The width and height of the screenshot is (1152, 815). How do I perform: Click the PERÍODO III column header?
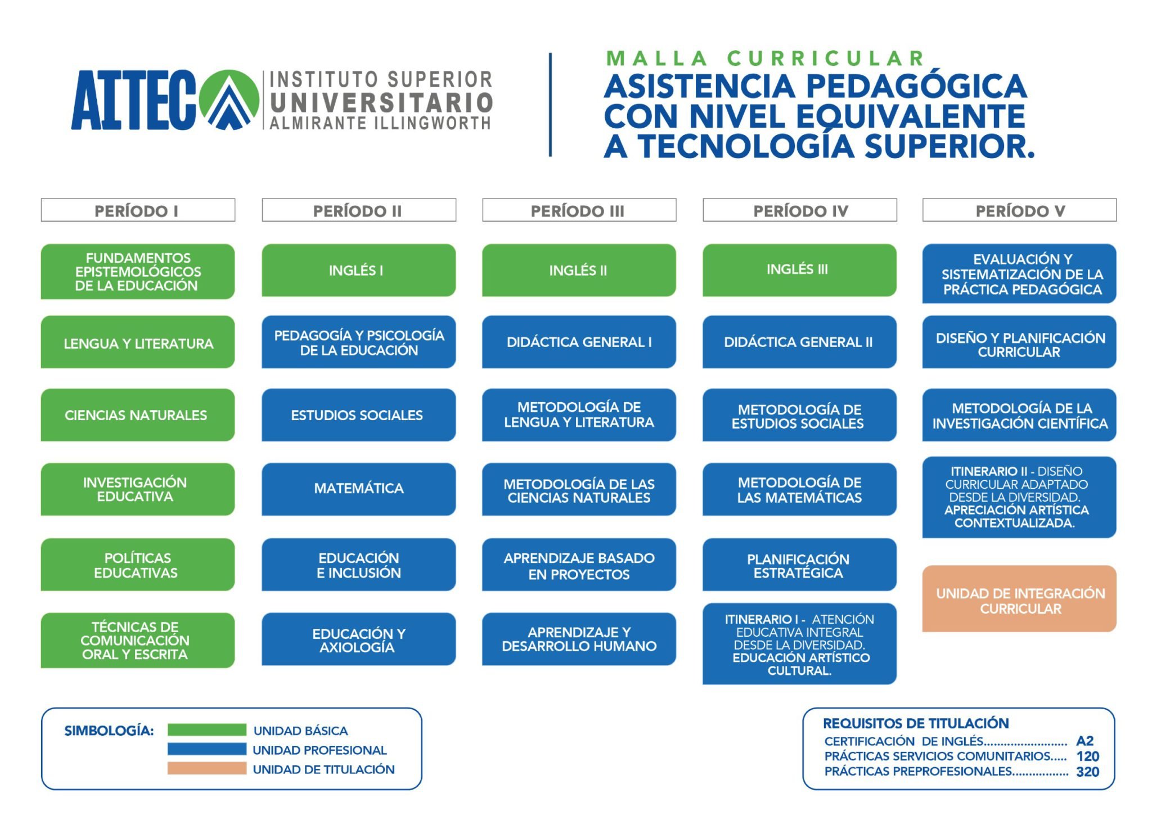[x=579, y=210]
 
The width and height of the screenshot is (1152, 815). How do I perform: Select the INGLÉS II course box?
[x=579, y=270]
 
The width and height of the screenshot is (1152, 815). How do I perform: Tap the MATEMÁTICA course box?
[x=358, y=489]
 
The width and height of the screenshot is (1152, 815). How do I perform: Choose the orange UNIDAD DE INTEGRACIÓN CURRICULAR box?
[x=1019, y=599]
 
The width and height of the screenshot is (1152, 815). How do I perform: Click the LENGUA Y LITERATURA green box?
[x=138, y=342]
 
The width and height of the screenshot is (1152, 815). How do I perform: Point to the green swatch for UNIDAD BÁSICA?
[x=206, y=730]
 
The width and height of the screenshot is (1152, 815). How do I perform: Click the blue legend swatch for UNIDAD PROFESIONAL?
[x=206, y=749]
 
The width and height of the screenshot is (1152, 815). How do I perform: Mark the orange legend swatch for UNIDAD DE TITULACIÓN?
[x=206, y=768]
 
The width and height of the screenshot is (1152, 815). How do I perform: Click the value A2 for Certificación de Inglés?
[x=1084, y=741]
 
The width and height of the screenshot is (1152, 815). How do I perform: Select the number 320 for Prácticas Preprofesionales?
[x=1087, y=772]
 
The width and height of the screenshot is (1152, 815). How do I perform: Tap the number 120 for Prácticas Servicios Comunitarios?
[x=1087, y=757]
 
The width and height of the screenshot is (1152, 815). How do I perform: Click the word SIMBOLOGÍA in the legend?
[x=109, y=731]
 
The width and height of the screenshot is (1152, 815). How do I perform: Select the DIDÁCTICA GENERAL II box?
[x=799, y=342]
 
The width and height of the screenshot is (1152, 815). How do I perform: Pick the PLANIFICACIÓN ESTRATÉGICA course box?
[x=799, y=565]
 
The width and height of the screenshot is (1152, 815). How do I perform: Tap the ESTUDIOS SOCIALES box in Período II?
[x=358, y=415]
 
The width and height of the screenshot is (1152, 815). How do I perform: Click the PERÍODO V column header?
[x=1019, y=210]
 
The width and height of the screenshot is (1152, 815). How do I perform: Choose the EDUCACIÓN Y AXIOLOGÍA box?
[x=358, y=640]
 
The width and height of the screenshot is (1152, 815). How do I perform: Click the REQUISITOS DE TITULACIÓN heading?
[x=916, y=723]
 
